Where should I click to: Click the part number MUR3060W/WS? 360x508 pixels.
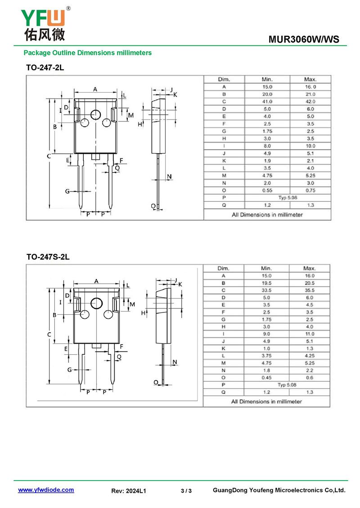[x=304, y=40]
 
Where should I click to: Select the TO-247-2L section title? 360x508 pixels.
[x=45, y=68]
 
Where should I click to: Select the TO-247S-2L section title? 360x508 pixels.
[x=48, y=257]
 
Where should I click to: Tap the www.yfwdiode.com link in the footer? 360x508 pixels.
[x=46, y=490]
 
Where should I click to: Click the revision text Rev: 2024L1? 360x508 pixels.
[x=129, y=491]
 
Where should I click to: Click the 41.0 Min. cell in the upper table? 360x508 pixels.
[x=267, y=102]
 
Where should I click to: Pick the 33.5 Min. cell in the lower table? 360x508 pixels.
[x=266, y=290]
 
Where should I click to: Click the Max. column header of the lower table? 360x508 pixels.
[x=310, y=268]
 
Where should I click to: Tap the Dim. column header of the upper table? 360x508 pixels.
[x=224, y=79]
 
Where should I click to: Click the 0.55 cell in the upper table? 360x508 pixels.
[x=267, y=190]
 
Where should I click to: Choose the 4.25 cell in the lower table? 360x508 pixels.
[x=310, y=356]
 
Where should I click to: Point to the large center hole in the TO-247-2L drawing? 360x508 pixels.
[x=96, y=115]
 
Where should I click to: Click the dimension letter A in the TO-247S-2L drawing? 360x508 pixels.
[x=96, y=281]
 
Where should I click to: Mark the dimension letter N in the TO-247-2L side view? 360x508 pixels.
[x=169, y=177]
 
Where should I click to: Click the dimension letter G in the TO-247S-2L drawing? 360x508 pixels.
[x=70, y=370]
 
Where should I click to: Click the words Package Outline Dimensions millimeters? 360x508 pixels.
[x=88, y=53]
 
